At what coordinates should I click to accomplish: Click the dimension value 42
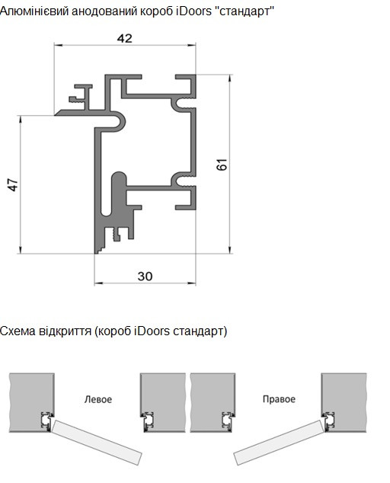tap(125, 39)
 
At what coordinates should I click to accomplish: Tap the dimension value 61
tap(222, 165)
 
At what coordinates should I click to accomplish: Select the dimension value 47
tap(14, 185)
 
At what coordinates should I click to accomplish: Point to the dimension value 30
tap(145, 277)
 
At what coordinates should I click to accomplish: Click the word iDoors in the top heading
tap(193, 11)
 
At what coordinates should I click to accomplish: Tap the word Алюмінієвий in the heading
tap(34, 11)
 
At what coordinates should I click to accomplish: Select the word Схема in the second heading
tap(18, 331)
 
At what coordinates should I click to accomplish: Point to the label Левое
tap(98, 399)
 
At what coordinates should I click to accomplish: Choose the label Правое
tap(279, 399)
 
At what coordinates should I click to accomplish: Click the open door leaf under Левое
tap(97, 443)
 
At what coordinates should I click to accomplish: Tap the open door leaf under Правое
tap(279, 443)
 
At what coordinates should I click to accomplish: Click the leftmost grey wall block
tap(32, 402)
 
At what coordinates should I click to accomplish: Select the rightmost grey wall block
tap(344, 402)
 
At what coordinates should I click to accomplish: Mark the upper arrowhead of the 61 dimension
tap(230, 79)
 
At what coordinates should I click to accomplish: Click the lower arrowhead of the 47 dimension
tap(21, 250)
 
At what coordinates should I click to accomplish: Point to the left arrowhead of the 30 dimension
tap(98, 283)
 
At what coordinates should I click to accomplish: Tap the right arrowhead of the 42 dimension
tap(192, 45)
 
